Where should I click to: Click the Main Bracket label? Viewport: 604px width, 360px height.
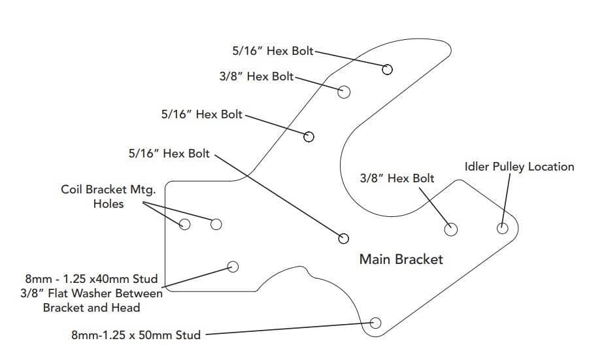pos(401,259)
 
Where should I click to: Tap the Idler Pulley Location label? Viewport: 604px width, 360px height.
pos(519,167)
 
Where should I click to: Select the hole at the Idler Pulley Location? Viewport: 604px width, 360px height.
pos(502,228)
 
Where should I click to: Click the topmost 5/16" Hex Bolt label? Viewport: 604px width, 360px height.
pos(273,50)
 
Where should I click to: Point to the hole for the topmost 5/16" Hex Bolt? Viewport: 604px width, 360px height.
pos(388,69)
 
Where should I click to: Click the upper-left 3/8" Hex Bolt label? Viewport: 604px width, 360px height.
pos(256,76)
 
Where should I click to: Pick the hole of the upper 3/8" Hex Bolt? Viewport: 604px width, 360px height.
pos(343,91)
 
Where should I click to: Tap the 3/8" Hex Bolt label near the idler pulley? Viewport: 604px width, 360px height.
pos(397,178)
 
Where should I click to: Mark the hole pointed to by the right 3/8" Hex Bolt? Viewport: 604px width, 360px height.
pos(450,229)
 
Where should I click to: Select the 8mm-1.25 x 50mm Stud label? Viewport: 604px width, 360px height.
pos(136,335)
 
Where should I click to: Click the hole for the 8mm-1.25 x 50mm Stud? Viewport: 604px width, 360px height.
pos(375,322)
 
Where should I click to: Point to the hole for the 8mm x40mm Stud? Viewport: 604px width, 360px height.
pos(232,266)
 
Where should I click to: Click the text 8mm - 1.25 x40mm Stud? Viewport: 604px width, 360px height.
pos(92,279)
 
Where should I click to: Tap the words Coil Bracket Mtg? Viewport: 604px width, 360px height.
pos(108,190)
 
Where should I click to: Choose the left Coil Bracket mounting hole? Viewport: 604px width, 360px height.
pos(184,225)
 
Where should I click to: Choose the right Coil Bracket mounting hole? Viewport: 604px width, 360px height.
pos(216,225)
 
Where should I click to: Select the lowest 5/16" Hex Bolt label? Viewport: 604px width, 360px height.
pos(169,154)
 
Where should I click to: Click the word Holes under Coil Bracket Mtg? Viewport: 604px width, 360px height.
pos(109,204)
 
